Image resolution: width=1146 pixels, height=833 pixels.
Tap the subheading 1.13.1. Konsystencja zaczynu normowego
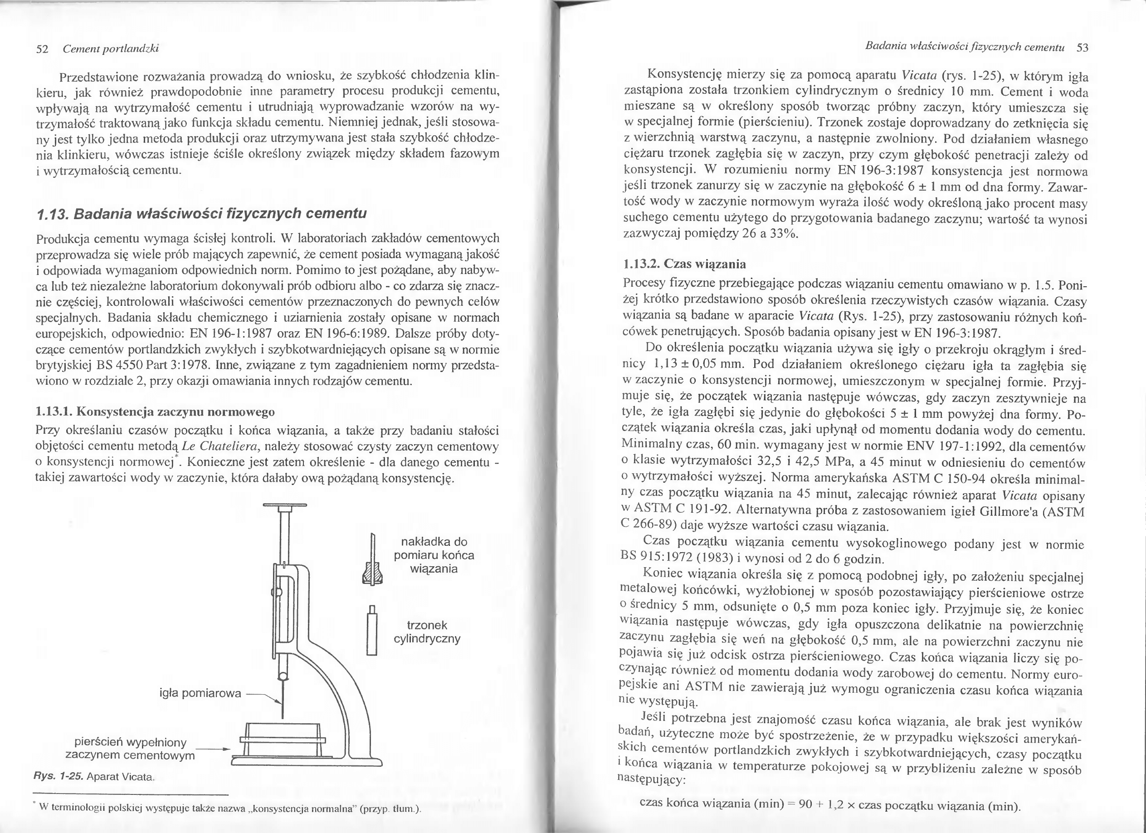click(x=155, y=412)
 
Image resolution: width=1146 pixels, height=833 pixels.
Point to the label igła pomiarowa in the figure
click(x=200, y=693)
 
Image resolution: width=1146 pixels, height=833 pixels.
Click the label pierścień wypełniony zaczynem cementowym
click(x=130, y=749)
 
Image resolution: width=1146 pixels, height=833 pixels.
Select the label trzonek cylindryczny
click(x=427, y=632)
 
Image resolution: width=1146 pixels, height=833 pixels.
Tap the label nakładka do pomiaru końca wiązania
click(x=434, y=555)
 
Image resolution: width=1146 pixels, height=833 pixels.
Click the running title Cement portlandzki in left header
click(x=111, y=49)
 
